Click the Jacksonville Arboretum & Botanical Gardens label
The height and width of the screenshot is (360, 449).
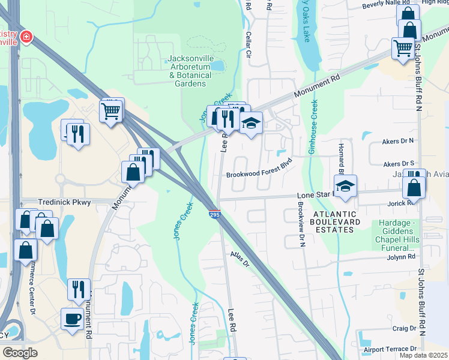click(190, 71)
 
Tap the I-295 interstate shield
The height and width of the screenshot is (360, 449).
click(214, 214)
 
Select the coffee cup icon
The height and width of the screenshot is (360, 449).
click(73, 319)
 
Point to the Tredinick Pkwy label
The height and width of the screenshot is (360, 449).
click(64, 202)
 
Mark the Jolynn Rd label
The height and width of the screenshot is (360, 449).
click(402, 256)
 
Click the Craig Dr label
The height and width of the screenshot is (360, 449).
click(404, 328)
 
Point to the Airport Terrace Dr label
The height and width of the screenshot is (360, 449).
click(390, 349)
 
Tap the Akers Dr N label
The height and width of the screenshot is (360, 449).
click(399, 142)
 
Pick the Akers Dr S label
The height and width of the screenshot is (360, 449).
click(399, 163)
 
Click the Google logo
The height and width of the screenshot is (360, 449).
click(20, 353)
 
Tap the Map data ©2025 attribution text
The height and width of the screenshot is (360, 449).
click(423, 355)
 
